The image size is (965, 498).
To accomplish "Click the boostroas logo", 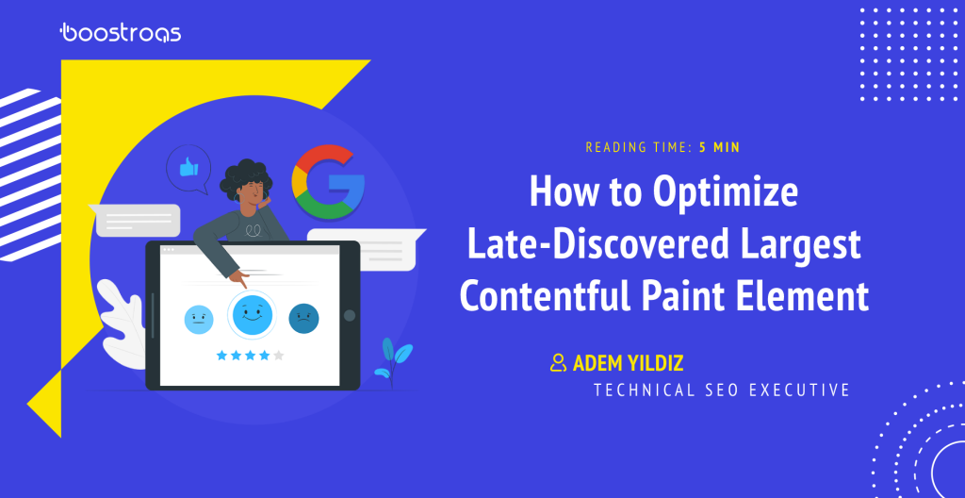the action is pos(120,33).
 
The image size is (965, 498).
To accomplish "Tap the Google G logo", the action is pos(328,182).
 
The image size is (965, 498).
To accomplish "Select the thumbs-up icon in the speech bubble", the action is pos(188,167).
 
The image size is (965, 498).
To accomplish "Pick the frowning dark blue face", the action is pos(303,319).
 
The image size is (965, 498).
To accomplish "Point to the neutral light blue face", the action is pos(199,319).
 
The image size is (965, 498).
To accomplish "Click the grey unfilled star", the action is pos(279,355).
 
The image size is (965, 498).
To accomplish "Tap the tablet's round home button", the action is pos(350,316).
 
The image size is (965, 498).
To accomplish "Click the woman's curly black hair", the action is pos(244,179).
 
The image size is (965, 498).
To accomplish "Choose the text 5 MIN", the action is pos(719,148).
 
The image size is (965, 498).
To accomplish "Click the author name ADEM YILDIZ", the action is pos(628,363).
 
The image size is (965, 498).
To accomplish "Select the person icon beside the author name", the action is pos(558,362).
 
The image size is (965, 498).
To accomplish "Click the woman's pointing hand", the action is pos(239,279).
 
